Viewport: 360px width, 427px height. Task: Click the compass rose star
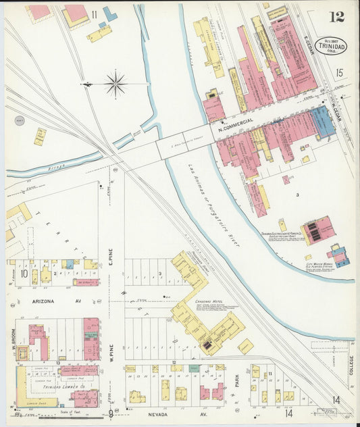(x=115, y=84)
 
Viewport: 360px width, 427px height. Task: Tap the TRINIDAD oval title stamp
(x=330, y=46)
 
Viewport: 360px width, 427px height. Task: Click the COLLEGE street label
(x=351, y=366)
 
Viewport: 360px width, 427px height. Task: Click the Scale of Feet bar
(x=66, y=416)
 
